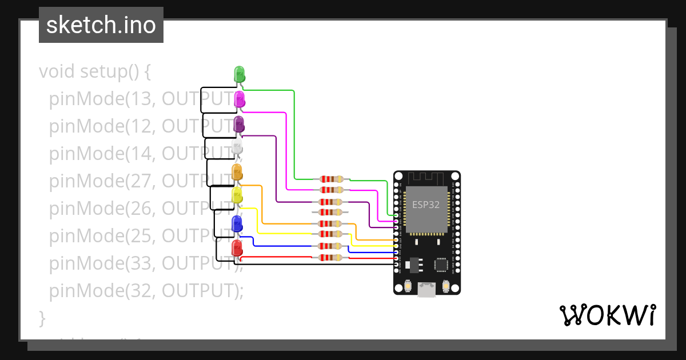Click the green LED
pyautogui.click(x=240, y=74)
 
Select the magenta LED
pyautogui.click(x=240, y=99)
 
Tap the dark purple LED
pyautogui.click(x=239, y=123)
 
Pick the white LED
pyautogui.click(x=238, y=148)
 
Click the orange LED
pyautogui.click(x=237, y=172)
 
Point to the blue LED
pyautogui.click(x=237, y=223)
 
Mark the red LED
pyautogui.click(x=237, y=248)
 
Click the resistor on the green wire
pyautogui.click(x=332, y=179)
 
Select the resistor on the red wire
pyautogui.click(x=332, y=258)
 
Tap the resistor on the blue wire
pyautogui.click(x=332, y=246)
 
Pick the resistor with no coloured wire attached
pyautogui.click(x=332, y=212)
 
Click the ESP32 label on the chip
pyautogui.click(x=426, y=205)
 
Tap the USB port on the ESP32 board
pyautogui.click(x=426, y=289)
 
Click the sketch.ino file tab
pyautogui.click(x=101, y=25)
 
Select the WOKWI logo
pyautogui.click(x=607, y=315)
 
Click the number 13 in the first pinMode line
pyautogui.click(x=141, y=99)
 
